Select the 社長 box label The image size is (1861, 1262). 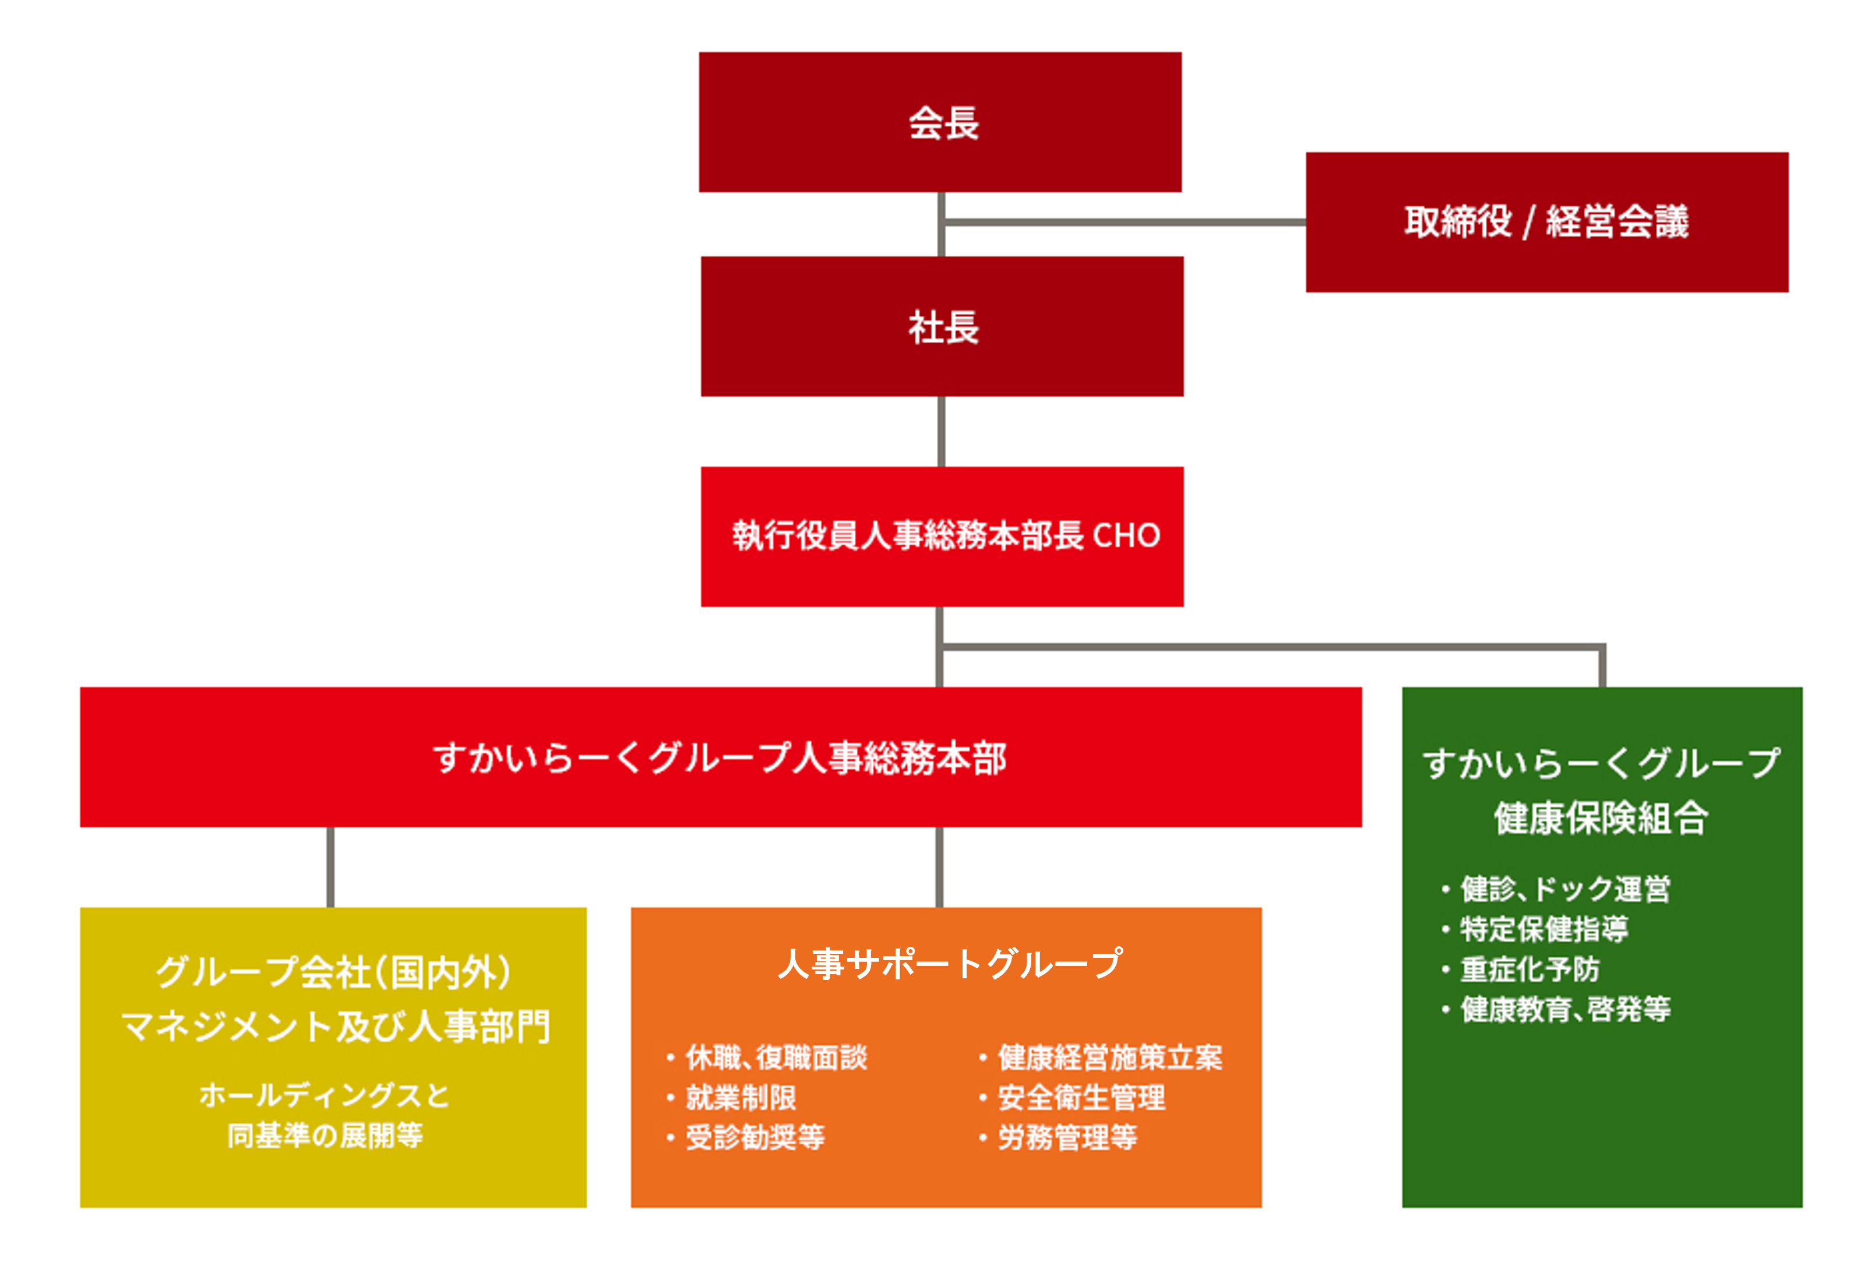pyautogui.click(x=943, y=327)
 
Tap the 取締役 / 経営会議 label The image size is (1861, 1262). pyautogui.click(x=1546, y=222)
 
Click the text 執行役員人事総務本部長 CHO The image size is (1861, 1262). pyautogui.click(x=945, y=535)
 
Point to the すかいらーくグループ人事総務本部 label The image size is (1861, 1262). pyautogui.click(x=719, y=757)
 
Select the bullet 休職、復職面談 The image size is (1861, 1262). pyautogui.click(x=775, y=1058)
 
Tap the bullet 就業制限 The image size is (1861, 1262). pyautogui.click(x=740, y=1098)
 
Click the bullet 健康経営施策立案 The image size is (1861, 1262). pyautogui.click(x=1109, y=1058)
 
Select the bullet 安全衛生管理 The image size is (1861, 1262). pyautogui.click(x=1080, y=1098)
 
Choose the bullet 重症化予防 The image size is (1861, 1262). pyautogui.click(x=1529, y=970)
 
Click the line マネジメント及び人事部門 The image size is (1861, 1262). pyautogui.click(x=334, y=1027)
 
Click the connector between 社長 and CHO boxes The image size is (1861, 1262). pyautogui.click(x=941, y=432)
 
